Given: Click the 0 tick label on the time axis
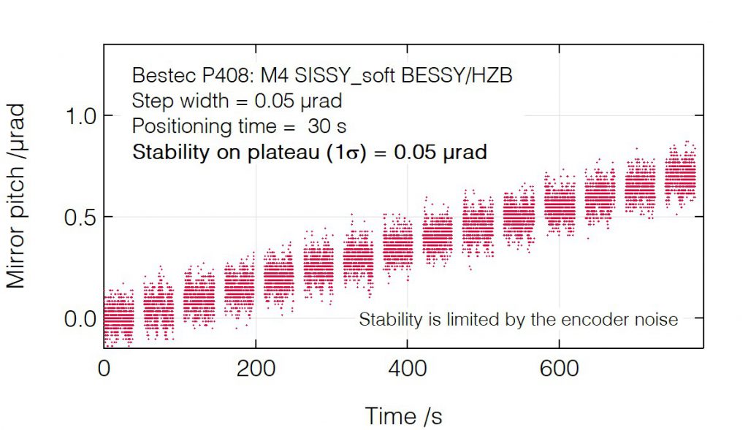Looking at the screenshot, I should tap(104, 369).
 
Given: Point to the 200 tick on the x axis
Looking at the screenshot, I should tap(255, 369).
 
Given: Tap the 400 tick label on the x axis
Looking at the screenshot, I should tap(406, 369).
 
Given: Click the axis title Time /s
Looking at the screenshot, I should tap(403, 415).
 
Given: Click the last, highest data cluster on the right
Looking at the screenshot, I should tap(681, 177).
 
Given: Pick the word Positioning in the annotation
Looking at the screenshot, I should tap(180, 126).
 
